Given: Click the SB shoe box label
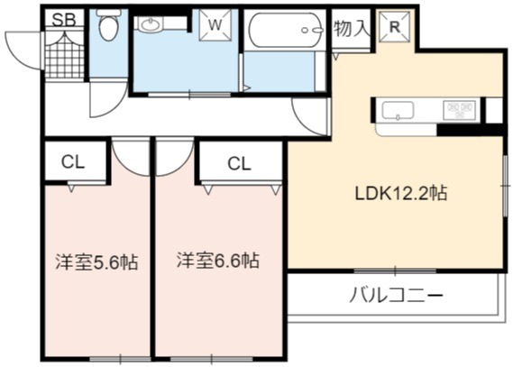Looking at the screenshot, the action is (x=64, y=20).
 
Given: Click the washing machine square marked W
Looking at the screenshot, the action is (x=215, y=25).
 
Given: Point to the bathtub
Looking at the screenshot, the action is (x=285, y=30).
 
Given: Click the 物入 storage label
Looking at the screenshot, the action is (x=351, y=29).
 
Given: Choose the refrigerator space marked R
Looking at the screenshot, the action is (x=395, y=27).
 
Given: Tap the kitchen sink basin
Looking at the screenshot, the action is (x=398, y=111).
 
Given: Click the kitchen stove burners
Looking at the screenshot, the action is (x=461, y=110).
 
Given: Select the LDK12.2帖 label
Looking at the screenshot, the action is (x=401, y=193).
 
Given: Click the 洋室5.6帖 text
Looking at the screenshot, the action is (x=96, y=262).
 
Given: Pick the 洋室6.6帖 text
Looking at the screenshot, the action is (x=218, y=261).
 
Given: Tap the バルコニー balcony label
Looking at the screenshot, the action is (x=396, y=295).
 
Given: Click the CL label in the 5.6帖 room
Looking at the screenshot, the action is (x=73, y=161).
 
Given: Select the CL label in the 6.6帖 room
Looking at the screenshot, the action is (x=239, y=163).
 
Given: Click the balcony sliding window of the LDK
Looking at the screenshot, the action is (x=395, y=271).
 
